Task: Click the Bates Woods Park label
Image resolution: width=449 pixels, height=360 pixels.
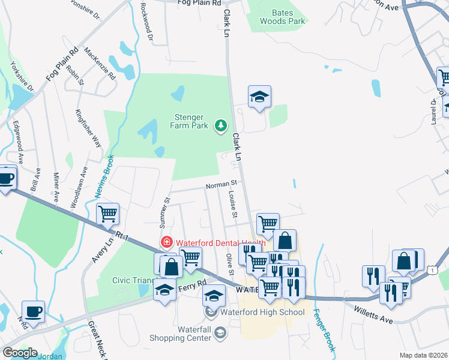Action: pos(282,16)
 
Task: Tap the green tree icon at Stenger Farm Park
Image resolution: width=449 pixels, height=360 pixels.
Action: pos(222,125)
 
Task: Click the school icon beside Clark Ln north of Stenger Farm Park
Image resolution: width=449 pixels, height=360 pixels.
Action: pos(259,97)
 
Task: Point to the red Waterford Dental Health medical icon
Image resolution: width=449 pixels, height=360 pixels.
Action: pos(166,242)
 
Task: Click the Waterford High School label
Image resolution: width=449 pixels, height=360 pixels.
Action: pos(262,312)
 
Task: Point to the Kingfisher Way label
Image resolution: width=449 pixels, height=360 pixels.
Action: pos(88,128)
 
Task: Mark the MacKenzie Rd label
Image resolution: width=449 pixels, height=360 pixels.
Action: pos(100,64)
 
